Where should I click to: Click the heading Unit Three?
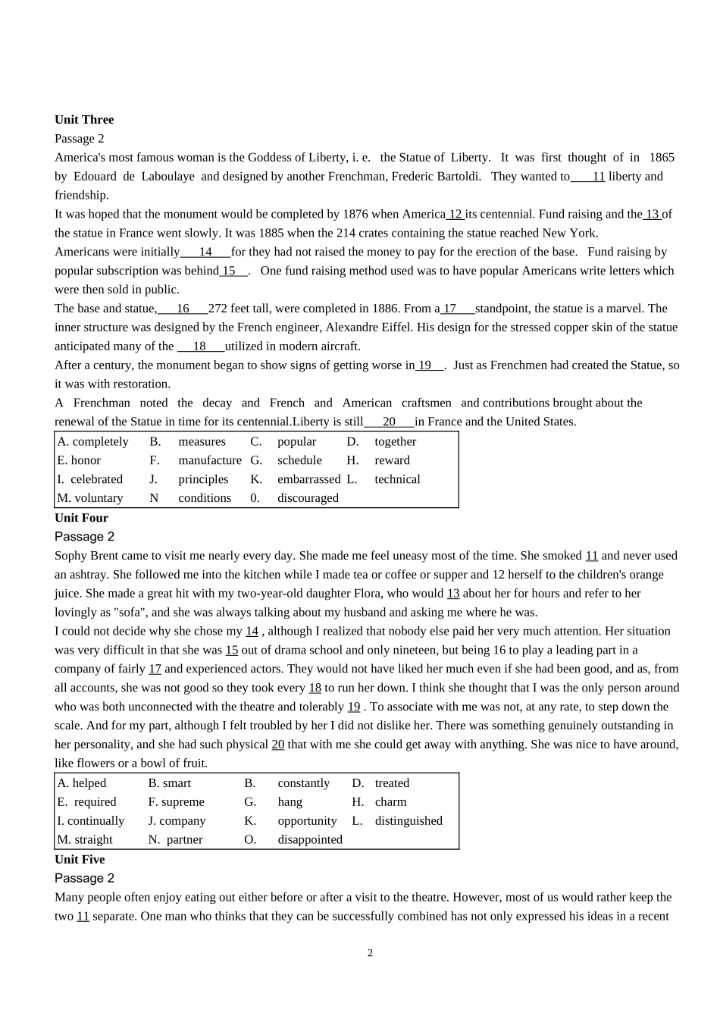(84, 120)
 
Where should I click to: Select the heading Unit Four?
(81, 518)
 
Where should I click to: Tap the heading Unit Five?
(80, 859)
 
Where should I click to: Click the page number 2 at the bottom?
(370, 953)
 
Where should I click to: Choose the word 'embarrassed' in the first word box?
(308, 479)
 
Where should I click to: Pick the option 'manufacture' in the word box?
(210, 460)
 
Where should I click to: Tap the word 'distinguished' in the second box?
(409, 820)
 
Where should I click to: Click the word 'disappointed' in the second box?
(310, 839)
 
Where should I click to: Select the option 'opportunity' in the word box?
(307, 820)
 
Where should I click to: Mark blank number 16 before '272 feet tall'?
(183, 309)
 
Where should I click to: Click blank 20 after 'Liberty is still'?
(389, 422)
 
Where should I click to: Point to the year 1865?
(661, 158)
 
